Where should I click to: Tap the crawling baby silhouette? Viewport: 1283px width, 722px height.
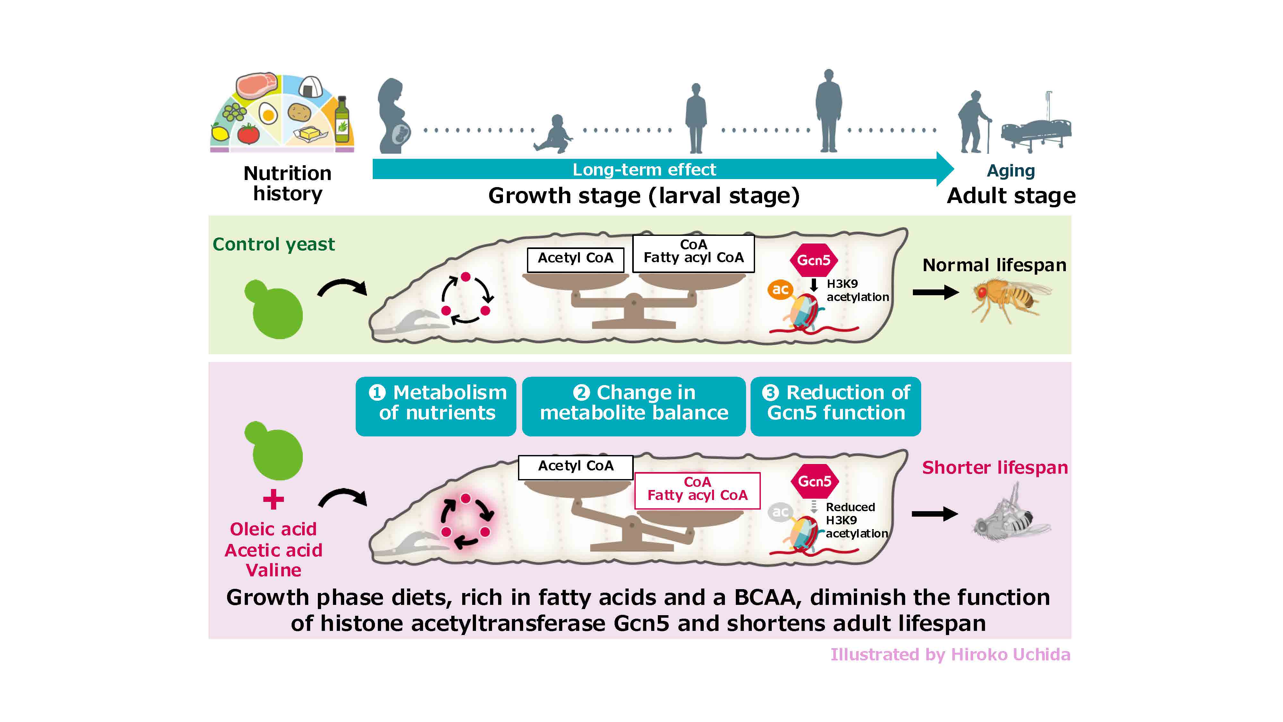(553, 134)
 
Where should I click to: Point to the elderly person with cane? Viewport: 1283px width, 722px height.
(972, 122)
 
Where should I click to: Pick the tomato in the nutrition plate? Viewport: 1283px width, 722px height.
(248, 133)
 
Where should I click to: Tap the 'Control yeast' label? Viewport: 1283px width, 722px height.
(273, 244)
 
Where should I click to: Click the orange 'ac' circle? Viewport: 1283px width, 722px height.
(780, 289)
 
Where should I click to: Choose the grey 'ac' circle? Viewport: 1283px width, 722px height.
(780, 512)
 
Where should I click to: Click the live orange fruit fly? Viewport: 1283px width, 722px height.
(1008, 297)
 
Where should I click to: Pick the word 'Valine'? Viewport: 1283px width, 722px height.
(273, 570)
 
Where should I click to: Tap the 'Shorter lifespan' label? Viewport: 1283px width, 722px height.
(995, 468)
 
